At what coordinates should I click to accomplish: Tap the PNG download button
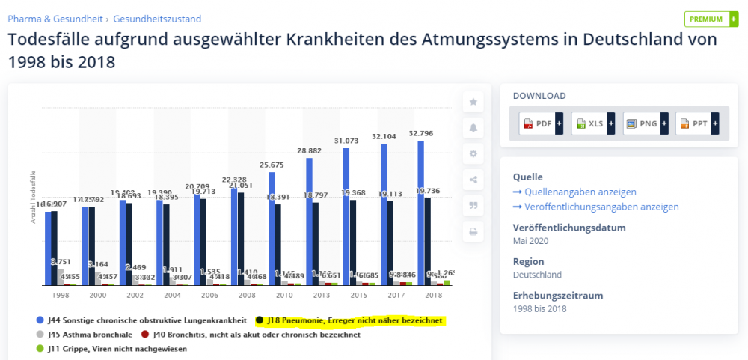[x=645, y=123]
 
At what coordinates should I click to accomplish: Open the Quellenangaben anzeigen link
[x=580, y=192]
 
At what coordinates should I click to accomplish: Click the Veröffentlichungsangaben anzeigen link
[x=601, y=207]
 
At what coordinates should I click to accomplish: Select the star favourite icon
[x=473, y=102]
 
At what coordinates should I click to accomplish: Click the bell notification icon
[x=473, y=128]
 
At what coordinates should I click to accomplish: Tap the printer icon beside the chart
[x=473, y=231]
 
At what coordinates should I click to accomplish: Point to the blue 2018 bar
[x=420, y=213]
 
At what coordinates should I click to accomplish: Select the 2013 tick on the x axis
[x=319, y=296]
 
